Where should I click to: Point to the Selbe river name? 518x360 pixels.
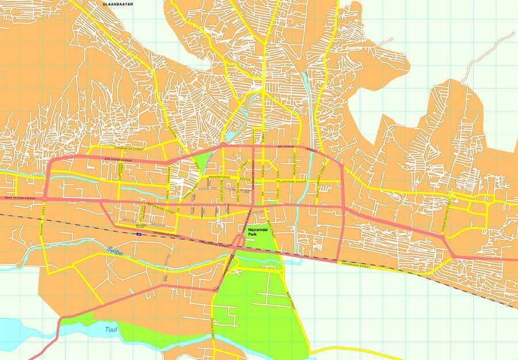(115, 250)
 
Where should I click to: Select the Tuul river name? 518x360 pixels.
(111, 330)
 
